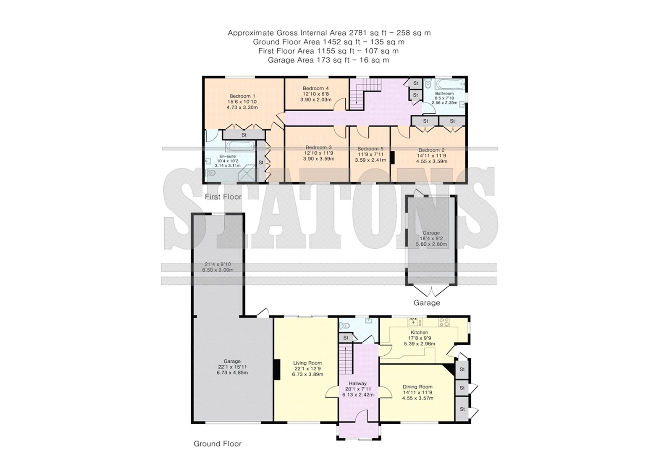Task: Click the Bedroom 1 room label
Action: (x=242, y=96)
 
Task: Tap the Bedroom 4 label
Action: (x=315, y=88)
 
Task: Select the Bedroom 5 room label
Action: (x=370, y=149)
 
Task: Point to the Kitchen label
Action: (x=420, y=333)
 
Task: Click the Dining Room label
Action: (x=417, y=387)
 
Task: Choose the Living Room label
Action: (x=307, y=363)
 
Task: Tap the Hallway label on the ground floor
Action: (x=357, y=383)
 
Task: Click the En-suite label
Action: (x=227, y=156)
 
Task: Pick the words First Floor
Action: (x=223, y=197)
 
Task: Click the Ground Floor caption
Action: (x=218, y=444)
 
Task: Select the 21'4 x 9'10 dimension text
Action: (x=218, y=264)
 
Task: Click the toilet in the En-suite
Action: (x=210, y=173)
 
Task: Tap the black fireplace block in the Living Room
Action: (x=277, y=370)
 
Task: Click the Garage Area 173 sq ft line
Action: (x=328, y=60)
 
